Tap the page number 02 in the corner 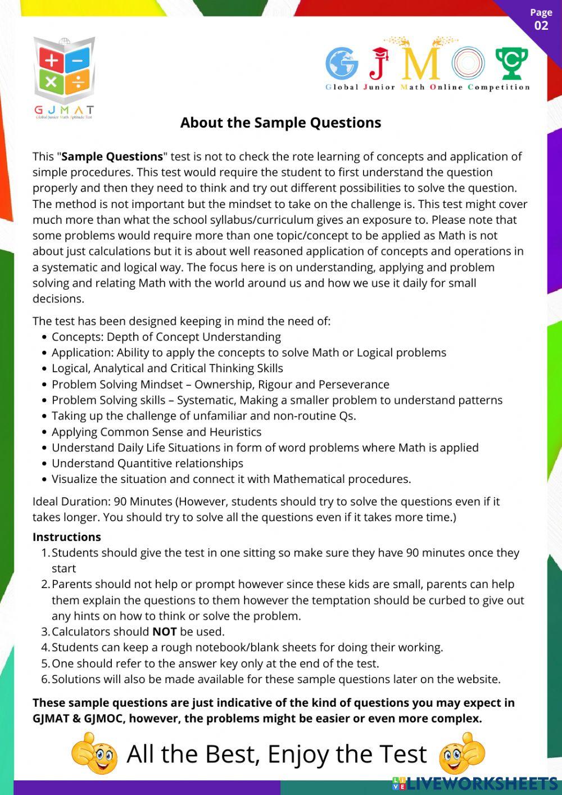click(x=541, y=25)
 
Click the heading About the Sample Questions click(x=280, y=123)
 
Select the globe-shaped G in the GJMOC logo click(x=342, y=63)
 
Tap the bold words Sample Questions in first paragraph click(x=112, y=157)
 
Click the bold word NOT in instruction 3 click(x=164, y=632)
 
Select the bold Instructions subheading click(x=67, y=537)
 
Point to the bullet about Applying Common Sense click(x=156, y=432)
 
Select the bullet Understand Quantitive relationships click(x=147, y=463)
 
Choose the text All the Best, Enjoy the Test click(x=277, y=755)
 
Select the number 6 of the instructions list click(x=45, y=679)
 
